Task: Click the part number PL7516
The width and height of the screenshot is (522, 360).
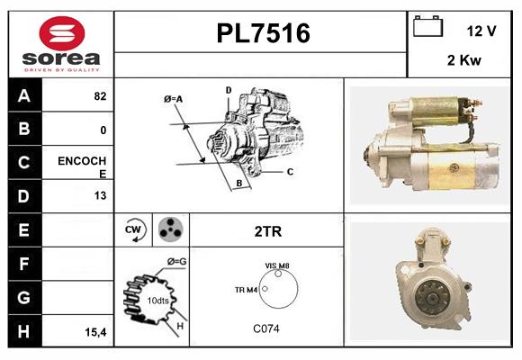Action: coord(263,33)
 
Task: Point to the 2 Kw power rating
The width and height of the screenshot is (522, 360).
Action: coord(464,61)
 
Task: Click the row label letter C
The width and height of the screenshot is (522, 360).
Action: coord(23,163)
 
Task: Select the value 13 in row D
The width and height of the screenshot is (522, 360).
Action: coord(100,195)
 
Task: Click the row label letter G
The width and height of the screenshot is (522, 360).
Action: coord(23,297)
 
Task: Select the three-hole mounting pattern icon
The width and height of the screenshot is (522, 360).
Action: coord(168,230)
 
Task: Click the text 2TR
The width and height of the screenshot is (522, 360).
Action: coord(268,231)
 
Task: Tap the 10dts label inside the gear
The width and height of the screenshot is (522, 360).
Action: coord(157,300)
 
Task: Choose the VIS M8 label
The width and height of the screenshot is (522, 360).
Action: coord(277,265)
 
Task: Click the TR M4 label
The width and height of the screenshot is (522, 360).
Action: coord(246,290)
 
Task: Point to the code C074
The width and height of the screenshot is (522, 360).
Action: coord(266,328)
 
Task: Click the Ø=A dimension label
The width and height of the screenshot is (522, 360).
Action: coord(174,98)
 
